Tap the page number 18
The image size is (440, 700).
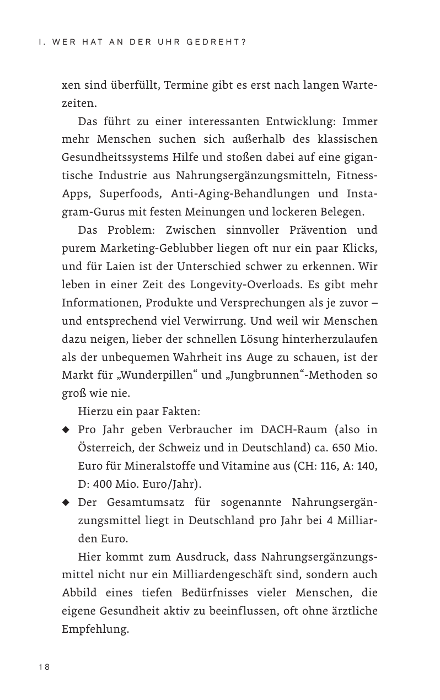[x=44, y=667]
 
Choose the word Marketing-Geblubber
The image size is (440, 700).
[x=150, y=248]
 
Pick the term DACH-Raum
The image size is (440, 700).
[x=296, y=429]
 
